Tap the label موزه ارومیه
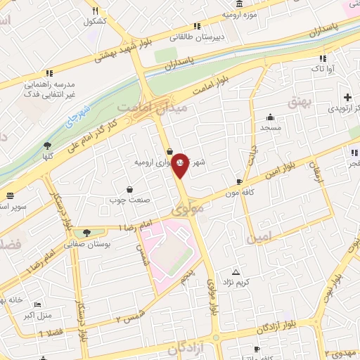[x=240, y=14]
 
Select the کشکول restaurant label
[x=94, y=21]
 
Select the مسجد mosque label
[x=270, y=128]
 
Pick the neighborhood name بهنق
[x=299, y=102]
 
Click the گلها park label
[x=48, y=157]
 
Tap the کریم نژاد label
[x=238, y=282]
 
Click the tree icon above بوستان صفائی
[x=86, y=233]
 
